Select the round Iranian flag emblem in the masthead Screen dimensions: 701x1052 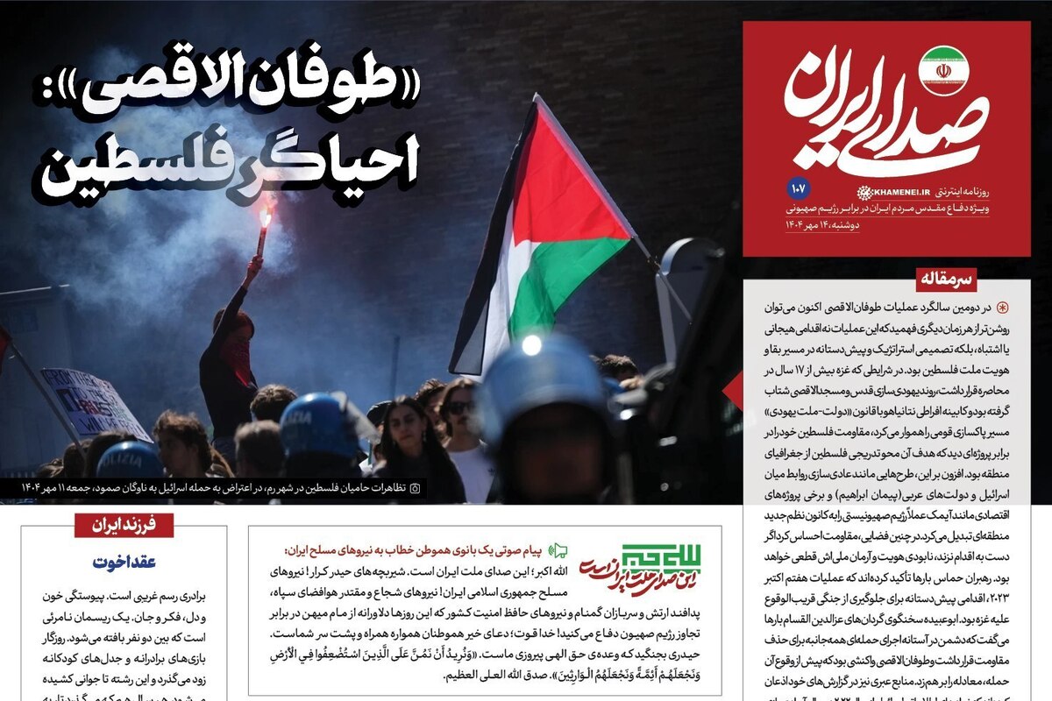943,70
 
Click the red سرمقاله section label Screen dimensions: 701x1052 948,280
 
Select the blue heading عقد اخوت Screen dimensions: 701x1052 124,563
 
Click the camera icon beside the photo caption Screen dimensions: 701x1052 416,487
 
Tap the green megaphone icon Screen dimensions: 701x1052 558,551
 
